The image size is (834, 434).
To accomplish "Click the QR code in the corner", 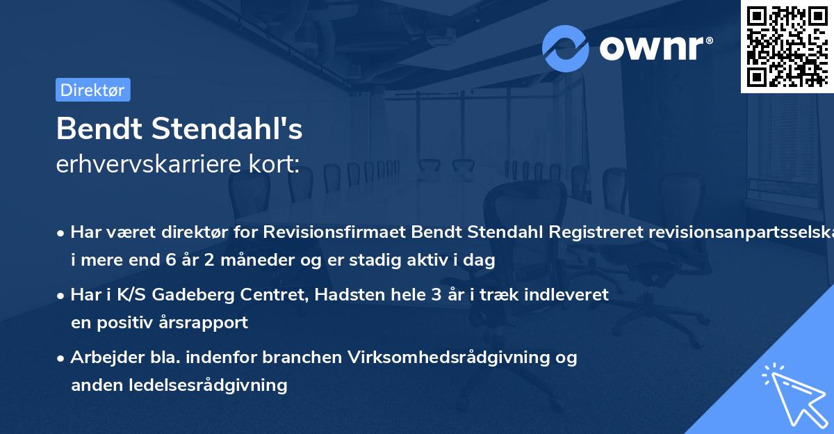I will [787, 46].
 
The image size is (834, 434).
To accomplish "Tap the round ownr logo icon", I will [566, 48].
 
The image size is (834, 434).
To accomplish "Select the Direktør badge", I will [92, 90].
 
